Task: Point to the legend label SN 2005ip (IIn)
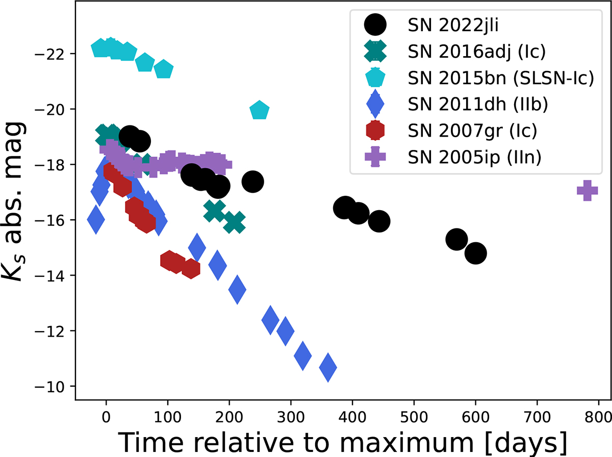pyautogui.click(x=474, y=158)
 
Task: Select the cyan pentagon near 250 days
pyautogui.click(x=260, y=110)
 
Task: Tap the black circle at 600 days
pyautogui.click(x=476, y=253)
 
